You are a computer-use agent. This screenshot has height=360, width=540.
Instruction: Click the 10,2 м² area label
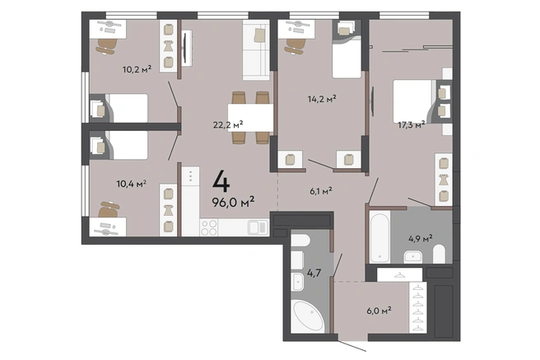click(137, 69)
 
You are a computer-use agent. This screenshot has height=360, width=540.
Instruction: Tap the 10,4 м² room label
click(131, 184)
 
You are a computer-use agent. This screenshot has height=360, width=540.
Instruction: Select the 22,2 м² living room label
click(228, 124)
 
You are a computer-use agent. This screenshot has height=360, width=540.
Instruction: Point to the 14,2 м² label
click(322, 99)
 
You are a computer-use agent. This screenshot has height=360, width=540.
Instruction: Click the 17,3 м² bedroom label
click(412, 124)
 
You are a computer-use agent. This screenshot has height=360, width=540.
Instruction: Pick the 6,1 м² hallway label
click(321, 191)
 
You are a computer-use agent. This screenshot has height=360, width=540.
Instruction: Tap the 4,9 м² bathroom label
click(421, 238)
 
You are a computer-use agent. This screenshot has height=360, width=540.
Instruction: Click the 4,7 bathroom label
click(314, 274)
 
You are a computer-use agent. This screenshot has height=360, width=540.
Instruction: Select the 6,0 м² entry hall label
click(379, 311)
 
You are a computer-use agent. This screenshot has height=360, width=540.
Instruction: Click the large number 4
click(221, 181)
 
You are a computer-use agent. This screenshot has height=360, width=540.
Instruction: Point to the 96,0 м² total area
click(233, 202)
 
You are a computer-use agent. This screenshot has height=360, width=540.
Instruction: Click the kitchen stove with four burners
click(209, 227)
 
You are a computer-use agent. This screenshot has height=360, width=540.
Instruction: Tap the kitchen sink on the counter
click(258, 227)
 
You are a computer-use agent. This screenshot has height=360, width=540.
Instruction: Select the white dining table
click(250, 118)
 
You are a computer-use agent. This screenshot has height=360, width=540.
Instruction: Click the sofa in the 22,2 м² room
click(256, 50)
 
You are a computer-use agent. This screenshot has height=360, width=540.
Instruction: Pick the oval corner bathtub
click(308, 316)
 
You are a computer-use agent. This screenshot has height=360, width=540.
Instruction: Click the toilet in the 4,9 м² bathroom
click(439, 254)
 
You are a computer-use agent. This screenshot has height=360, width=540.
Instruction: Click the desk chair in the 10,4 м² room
click(109, 209)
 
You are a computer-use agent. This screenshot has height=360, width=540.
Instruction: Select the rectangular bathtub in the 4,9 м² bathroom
click(379, 237)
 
